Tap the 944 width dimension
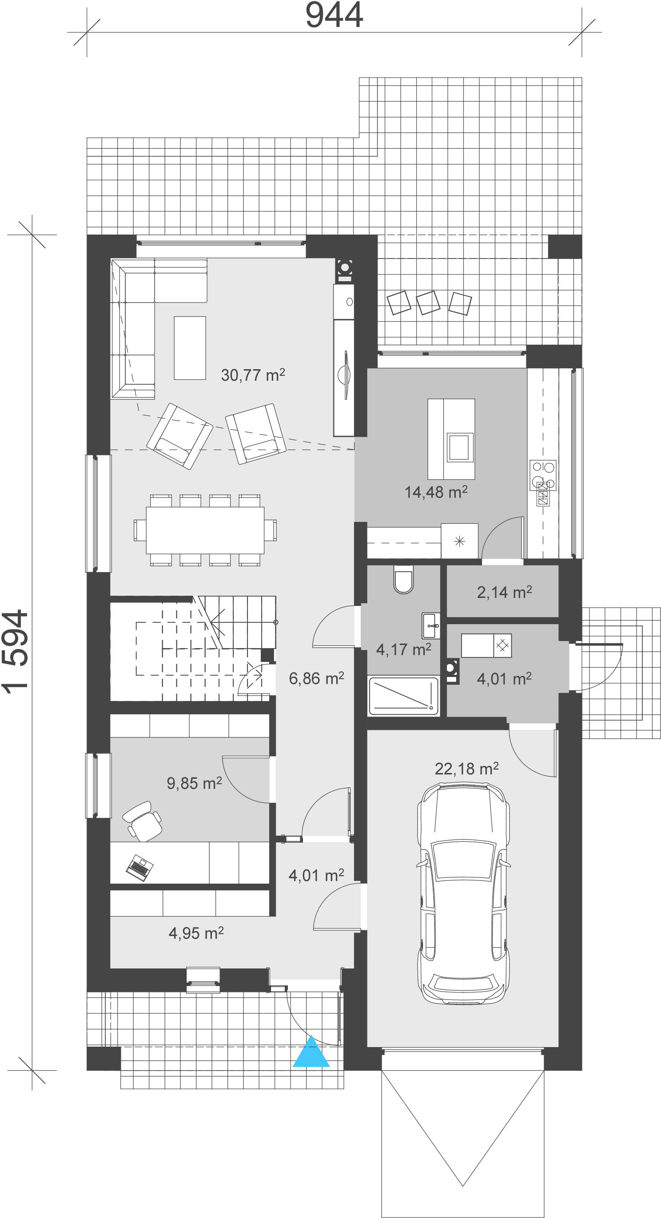[334, 15]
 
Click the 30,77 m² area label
[253, 375]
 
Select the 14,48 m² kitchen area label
[436, 492]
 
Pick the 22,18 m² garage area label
[466, 769]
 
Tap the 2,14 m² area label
[504, 592]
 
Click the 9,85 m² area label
[194, 783]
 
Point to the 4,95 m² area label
[196, 933]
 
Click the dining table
[205, 530]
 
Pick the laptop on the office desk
[139, 868]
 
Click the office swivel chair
[143, 821]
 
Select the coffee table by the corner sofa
[190, 348]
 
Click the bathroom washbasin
[431, 625]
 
